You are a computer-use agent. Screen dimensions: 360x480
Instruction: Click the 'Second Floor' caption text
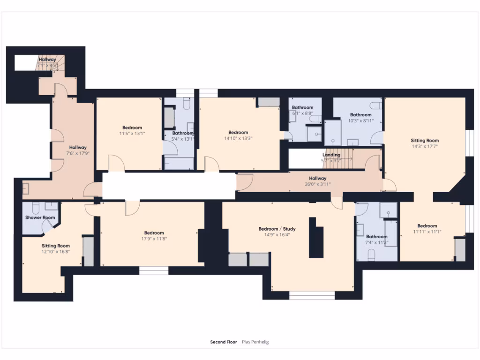tap(224, 342)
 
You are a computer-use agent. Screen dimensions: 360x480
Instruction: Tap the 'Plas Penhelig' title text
tap(255, 342)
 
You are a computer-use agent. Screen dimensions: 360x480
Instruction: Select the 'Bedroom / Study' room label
tap(277, 229)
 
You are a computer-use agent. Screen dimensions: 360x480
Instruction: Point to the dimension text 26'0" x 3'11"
tap(317, 184)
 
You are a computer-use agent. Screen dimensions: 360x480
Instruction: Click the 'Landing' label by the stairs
tap(331, 155)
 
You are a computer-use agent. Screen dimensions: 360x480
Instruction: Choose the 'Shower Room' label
tap(40, 217)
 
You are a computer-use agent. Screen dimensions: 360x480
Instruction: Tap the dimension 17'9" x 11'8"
tap(154, 239)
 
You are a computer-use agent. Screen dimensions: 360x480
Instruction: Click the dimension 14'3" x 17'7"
tap(425, 146)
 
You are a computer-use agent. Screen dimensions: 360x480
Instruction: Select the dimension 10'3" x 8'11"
tap(360, 120)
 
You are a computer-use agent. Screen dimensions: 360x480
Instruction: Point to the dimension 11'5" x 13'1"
tap(132, 133)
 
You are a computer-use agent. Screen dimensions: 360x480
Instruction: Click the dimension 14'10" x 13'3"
tap(238, 138)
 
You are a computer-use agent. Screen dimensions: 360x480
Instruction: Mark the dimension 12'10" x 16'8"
tap(56, 251)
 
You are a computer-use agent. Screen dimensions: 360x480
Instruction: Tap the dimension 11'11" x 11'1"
tap(427, 232)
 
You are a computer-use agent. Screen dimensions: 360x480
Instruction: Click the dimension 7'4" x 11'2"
tap(377, 242)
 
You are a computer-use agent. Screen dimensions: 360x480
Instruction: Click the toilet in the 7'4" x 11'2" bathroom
tap(372, 255)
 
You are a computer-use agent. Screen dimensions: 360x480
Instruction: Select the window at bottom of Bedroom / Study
tap(312, 295)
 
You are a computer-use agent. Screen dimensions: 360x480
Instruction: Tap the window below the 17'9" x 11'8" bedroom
tap(154, 270)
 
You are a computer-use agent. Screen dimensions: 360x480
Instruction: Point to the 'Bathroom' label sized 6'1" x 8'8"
tap(302, 107)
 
